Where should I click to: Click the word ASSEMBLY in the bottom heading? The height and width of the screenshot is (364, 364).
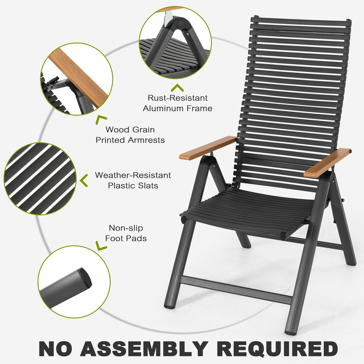(144, 349)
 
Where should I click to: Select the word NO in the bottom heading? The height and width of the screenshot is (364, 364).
(55, 349)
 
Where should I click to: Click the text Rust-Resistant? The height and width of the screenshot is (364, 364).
(178, 98)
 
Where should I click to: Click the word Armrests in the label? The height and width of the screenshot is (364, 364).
(146, 140)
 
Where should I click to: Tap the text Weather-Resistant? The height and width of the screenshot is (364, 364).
(133, 175)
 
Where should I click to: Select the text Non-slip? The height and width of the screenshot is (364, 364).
(126, 228)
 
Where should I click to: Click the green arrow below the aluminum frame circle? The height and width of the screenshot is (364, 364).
(177, 88)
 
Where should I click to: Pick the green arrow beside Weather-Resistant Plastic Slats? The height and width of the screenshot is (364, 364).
(84, 181)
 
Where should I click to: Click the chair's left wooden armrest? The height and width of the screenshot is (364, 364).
(207, 148)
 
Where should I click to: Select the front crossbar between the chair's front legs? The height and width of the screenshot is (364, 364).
(236, 289)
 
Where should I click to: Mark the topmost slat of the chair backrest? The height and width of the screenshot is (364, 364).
(301, 20)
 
